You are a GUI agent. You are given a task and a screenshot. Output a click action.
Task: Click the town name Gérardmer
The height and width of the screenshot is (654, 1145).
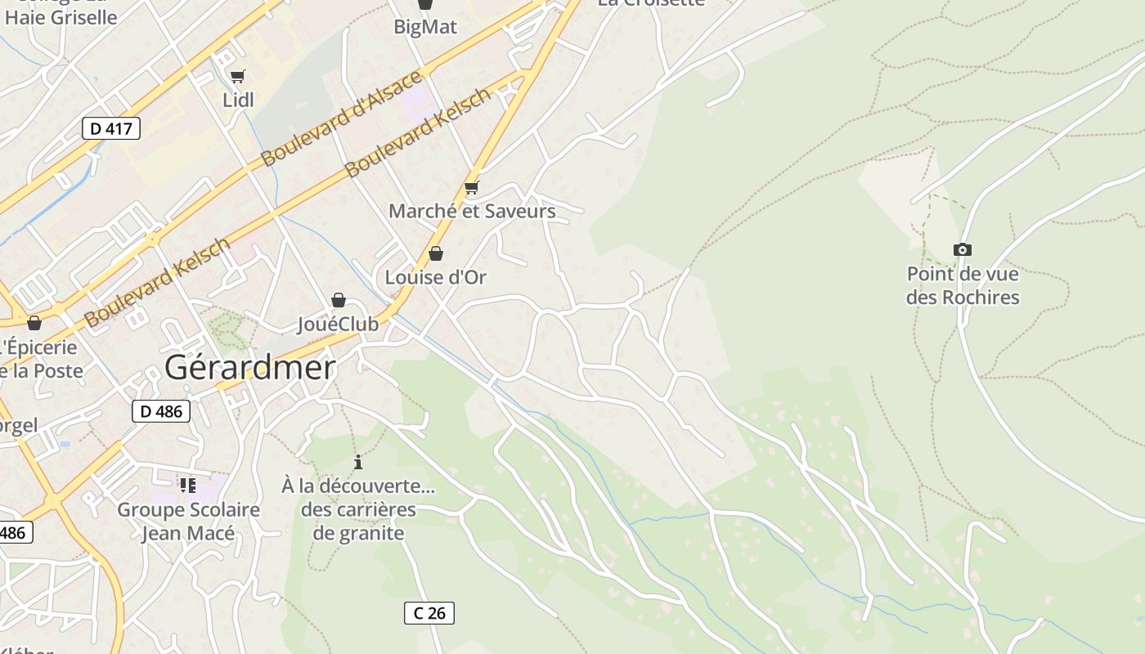pyautogui.click(x=249, y=368)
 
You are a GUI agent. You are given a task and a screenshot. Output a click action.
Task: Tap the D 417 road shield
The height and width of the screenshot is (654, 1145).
pyautogui.click(x=111, y=128)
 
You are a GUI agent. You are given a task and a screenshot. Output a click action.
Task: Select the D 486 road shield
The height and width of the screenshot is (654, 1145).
pyautogui.click(x=161, y=411)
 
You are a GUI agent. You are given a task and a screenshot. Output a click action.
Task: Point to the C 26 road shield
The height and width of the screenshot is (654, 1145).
pyautogui.click(x=429, y=612)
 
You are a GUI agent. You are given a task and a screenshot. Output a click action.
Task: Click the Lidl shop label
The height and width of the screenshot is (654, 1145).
pyautogui.click(x=238, y=100)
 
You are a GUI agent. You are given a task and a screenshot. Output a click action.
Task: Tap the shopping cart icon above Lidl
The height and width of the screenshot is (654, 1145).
pyautogui.click(x=237, y=77)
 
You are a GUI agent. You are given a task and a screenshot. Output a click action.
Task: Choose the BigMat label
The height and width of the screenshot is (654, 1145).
pyautogui.click(x=425, y=27)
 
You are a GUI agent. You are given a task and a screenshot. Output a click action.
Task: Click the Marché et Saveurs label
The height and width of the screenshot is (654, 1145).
pyautogui.click(x=472, y=211)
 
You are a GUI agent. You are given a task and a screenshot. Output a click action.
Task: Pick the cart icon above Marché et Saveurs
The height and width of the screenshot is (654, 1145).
pyautogui.click(x=471, y=188)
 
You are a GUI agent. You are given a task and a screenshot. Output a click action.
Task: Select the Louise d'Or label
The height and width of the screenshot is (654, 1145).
pyautogui.click(x=436, y=277)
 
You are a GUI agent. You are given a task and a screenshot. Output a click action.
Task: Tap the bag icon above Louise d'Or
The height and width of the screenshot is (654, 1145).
pyautogui.click(x=436, y=253)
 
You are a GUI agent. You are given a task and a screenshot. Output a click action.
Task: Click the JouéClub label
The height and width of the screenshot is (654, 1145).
pyautogui.click(x=338, y=325)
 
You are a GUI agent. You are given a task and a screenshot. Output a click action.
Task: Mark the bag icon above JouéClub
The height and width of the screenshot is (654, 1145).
pyautogui.click(x=338, y=301)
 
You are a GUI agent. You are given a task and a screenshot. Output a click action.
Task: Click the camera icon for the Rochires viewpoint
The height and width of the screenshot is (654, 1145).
pyautogui.click(x=963, y=249)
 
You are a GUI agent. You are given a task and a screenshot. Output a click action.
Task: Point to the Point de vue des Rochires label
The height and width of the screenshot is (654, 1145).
pyautogui.click(x=963, y=284)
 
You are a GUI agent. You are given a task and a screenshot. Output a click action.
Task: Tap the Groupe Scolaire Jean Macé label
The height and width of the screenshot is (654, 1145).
pyautogui.click(x=188, y=522)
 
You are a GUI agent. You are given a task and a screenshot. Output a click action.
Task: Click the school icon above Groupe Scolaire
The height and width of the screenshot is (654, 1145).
pyautogui.click(x=188, y=486)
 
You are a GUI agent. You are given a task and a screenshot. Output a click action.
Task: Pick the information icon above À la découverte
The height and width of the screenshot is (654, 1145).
pyautogui.click(x=357, y=463)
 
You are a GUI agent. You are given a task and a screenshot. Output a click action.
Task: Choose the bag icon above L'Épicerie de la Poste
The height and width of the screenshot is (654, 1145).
pyautogui.click(x=34, y=323)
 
